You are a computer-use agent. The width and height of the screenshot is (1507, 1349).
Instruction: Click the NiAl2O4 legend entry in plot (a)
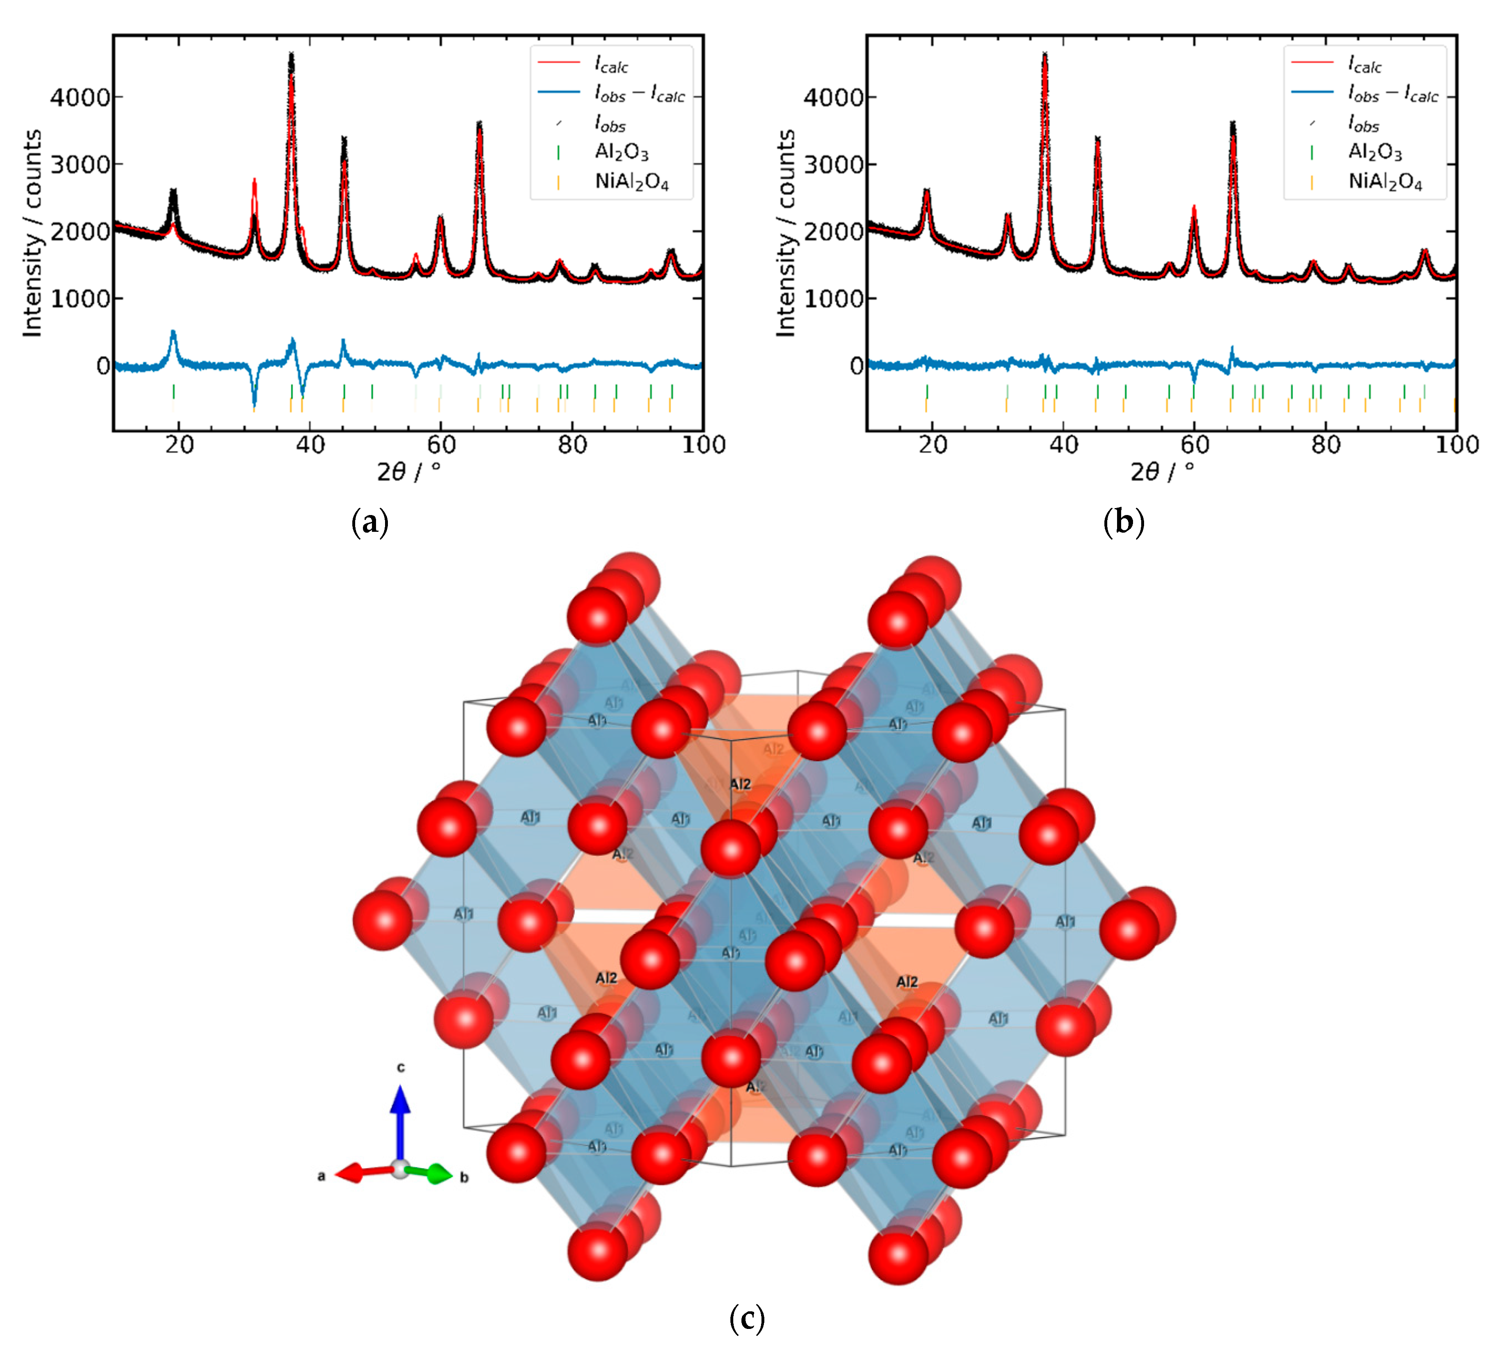631,182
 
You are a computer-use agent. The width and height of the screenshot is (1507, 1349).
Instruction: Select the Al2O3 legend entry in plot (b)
1374,152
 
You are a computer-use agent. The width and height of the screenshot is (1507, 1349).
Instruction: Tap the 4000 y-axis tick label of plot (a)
80,97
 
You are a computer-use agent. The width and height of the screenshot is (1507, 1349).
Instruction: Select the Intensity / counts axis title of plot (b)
785,233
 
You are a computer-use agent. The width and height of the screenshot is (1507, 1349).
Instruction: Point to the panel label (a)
370,522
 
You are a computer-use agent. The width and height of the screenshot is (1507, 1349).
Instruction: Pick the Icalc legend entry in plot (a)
611,65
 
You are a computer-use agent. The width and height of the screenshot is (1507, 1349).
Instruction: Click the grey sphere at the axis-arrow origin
400,1170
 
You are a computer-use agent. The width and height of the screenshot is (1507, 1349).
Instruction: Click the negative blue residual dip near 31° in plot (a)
254,400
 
